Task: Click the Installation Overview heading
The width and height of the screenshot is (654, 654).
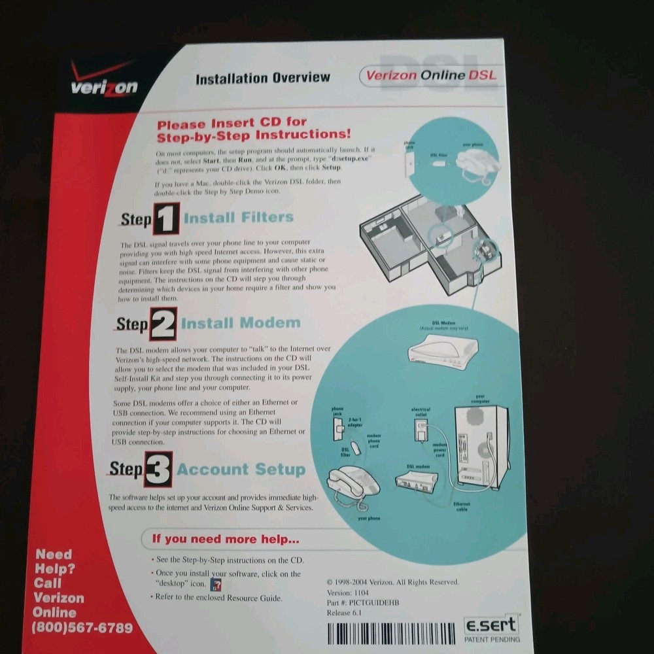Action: (263, 78)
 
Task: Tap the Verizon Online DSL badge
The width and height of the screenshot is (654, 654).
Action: (430, 75)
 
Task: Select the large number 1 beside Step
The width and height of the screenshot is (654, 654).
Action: (166, 219)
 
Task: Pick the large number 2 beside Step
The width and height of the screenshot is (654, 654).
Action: (163, 324)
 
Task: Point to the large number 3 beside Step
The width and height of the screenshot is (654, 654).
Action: (158, 469)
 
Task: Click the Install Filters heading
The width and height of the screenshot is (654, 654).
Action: (238, 217)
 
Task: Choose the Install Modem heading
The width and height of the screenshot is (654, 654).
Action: (240, 323)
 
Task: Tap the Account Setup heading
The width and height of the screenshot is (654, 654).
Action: (241, 470)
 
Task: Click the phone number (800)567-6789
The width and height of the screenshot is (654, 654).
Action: (82, 628)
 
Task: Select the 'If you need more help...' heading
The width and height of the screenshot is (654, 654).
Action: (226, 540)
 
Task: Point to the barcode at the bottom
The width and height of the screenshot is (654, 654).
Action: (391, 633)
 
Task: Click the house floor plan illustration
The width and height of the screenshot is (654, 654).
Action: (425, 239)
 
